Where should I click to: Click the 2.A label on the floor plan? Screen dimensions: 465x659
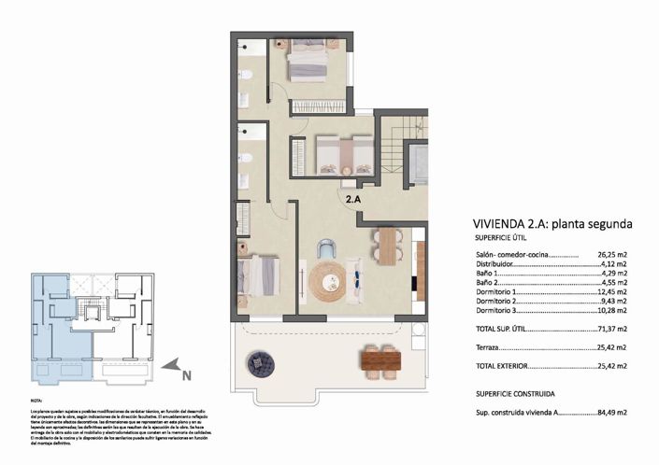click(352, 199)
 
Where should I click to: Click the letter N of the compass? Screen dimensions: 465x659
click(187, 376)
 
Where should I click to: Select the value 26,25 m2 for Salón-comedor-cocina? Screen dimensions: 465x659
click(611, 254)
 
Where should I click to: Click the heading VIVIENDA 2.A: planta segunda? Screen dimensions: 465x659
click(547, 224)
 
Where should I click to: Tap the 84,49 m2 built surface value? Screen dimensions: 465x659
click(611, 412)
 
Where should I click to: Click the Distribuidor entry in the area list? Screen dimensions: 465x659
click(496, 264)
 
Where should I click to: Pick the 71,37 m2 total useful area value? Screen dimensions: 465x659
click(611, 330)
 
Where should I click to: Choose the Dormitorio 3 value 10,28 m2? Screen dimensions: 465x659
click(611, 310)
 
